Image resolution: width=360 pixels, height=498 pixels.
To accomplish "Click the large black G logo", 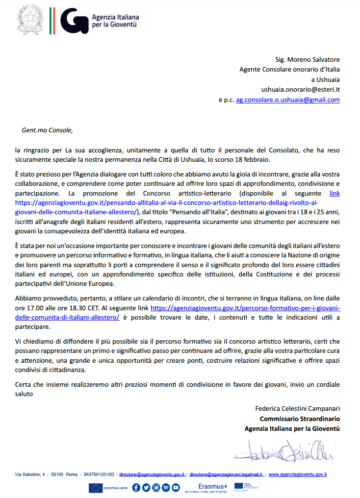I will pos(74,21).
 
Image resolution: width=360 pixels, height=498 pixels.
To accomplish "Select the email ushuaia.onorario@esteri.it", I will pos(300,89).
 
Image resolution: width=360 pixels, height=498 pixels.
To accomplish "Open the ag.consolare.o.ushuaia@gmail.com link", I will pos(288,100).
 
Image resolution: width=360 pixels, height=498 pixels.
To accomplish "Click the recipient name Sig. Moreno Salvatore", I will pos(308,59).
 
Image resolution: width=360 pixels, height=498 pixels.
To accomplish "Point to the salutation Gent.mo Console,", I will pos(47,130).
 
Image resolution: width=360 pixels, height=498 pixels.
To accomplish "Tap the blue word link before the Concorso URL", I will pos(334,194).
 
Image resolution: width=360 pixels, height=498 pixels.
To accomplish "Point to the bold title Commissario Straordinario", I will pos(300,419).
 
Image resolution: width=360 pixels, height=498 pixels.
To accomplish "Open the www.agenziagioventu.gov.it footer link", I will pos(298,474).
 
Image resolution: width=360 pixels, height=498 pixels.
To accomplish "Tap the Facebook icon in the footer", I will pos(135,488).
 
